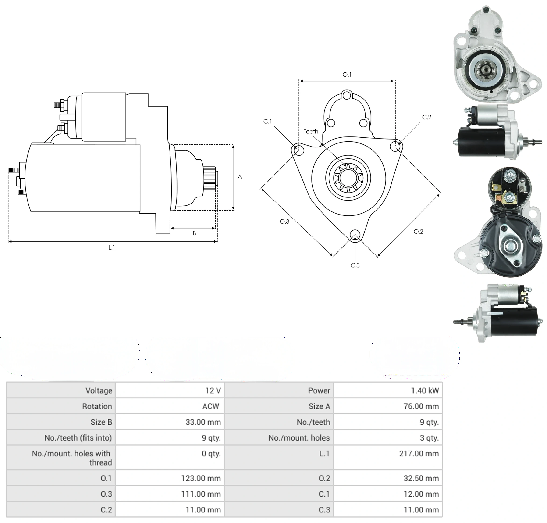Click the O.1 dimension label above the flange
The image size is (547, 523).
(x=347, y=75)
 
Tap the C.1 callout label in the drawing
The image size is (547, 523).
(x=267, y=121)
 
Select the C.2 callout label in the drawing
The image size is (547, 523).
(x=427, y=117)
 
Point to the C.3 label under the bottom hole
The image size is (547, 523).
(x=355, y=265)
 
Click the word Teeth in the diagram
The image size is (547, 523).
(x=311, y=131)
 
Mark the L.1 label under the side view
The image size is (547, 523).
(x=112, y=247)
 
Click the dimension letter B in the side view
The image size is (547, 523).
(x=194, y=233)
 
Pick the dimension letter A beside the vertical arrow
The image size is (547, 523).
(x=240, y=177)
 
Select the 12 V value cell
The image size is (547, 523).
(x=213, y=390)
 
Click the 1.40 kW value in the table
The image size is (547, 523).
(x=425, y=390)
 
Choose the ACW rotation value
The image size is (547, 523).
(x=211, y=406)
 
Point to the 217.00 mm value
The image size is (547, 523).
(x=419, y=454)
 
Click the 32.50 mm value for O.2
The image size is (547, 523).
(x=421, y=478)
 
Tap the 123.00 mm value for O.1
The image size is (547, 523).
(x=201, y=478)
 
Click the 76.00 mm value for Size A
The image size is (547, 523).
(x=421, y=406)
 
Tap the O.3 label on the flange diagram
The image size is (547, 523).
(x=284, y=221)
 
